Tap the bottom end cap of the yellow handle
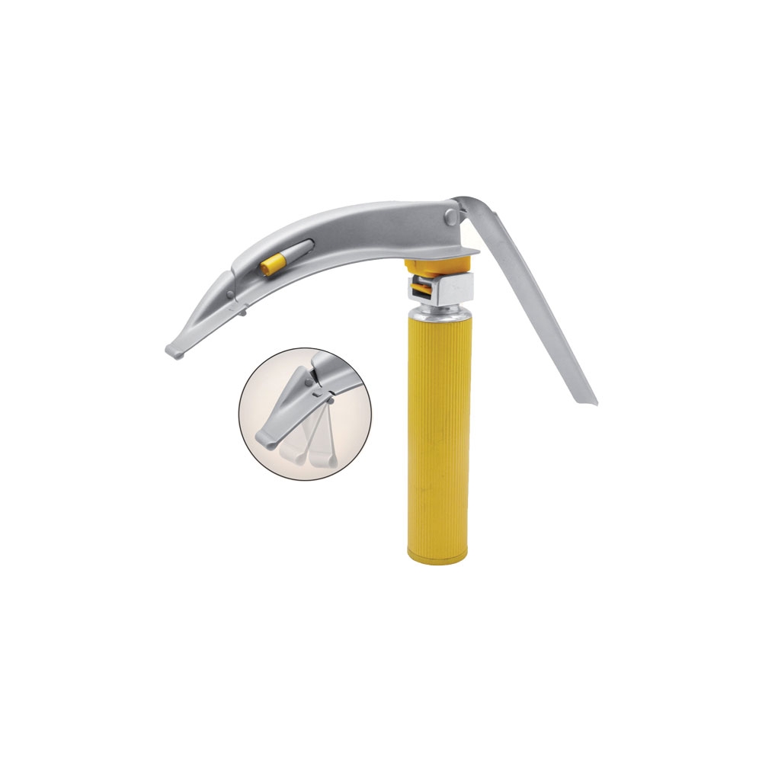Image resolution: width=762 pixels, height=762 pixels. (437, 549)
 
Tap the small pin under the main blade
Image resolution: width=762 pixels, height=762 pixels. (242, 311)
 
